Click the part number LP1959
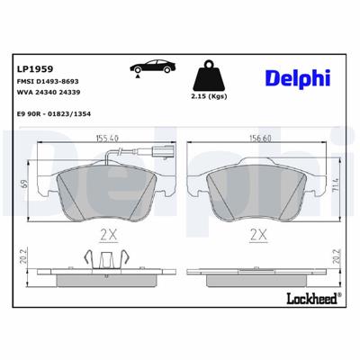pos(35,67)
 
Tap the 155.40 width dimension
pos(108,138)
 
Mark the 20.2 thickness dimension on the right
pos(336,267)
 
